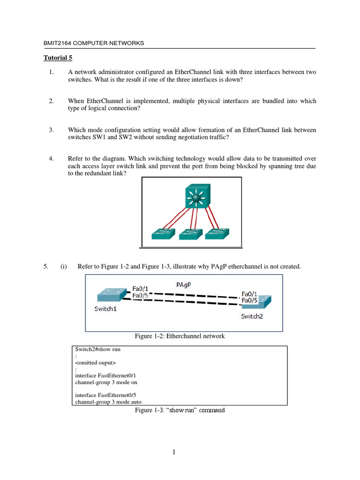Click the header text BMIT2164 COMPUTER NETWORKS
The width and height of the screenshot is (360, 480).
coord(93,43)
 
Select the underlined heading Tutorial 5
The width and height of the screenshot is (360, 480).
coord(58,58)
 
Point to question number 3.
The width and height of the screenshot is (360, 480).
coord(52,130)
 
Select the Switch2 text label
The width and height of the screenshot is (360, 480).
coord(252,316)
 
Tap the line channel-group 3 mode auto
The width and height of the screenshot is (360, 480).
coord(108,402)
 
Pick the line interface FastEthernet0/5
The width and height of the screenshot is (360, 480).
coord(105,395)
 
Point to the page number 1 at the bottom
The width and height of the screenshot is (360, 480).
coord(173,452)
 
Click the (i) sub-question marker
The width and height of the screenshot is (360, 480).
coord(63,267)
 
